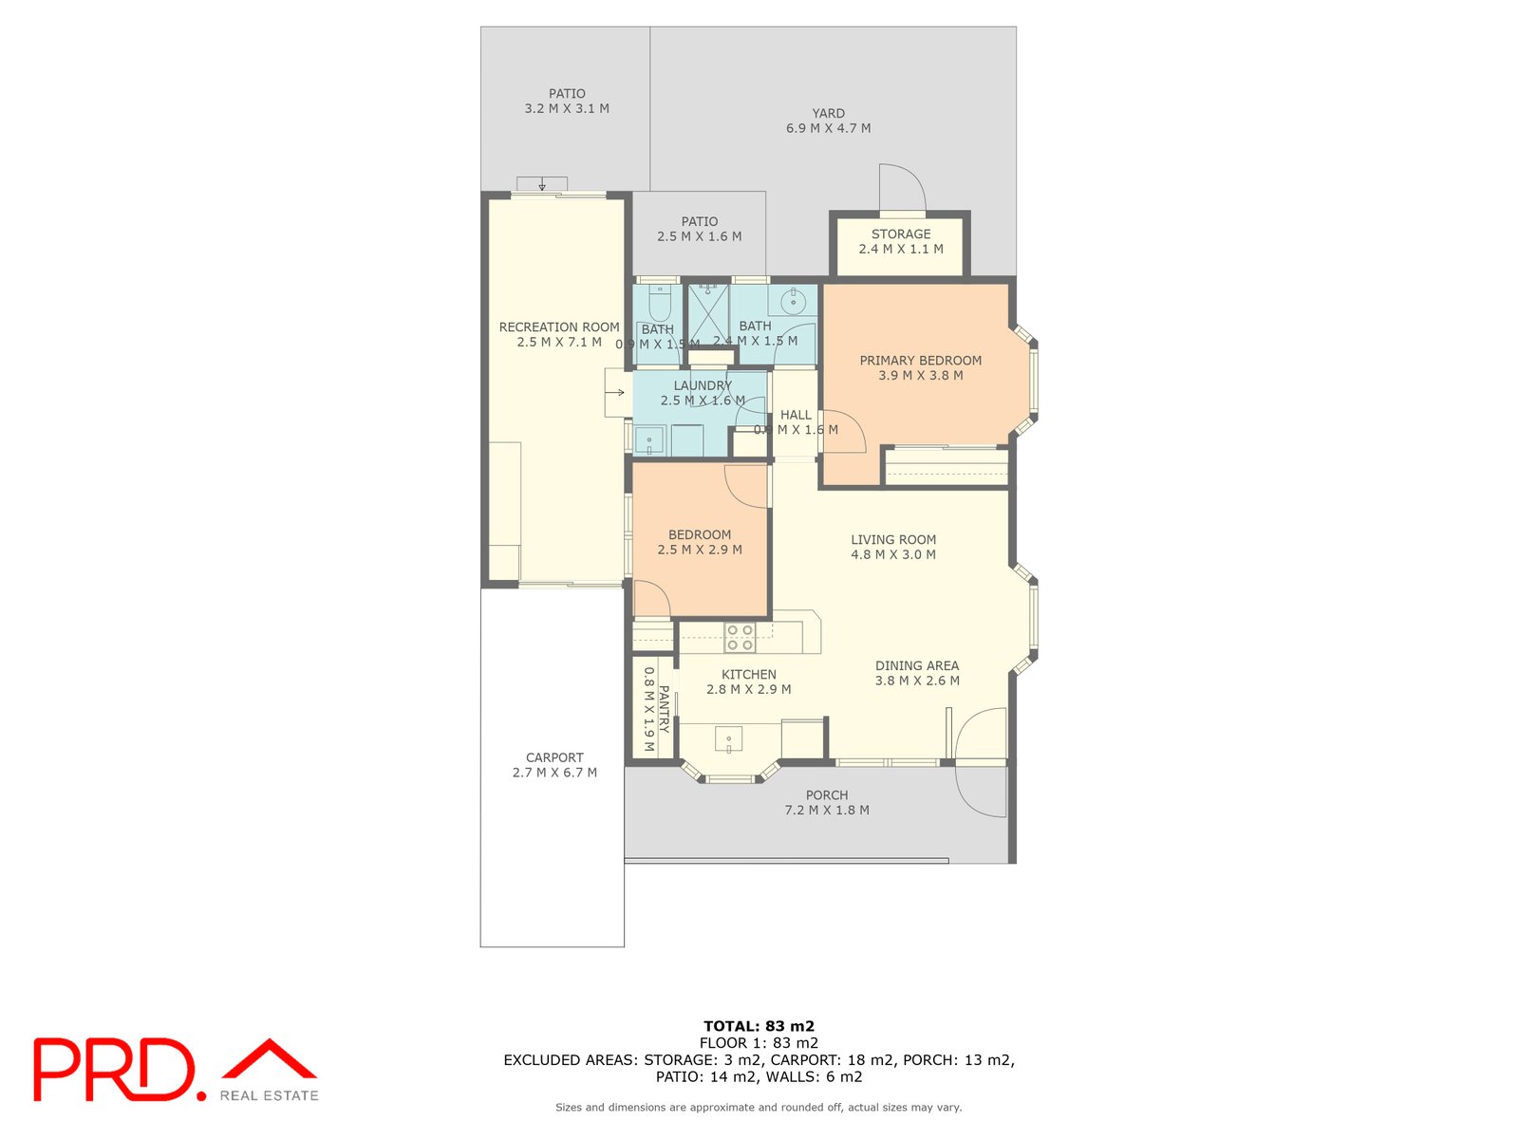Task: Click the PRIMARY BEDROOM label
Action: click(920, 361)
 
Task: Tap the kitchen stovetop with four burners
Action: click(740, 637)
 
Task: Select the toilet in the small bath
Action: click(658, 306)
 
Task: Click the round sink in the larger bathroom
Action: click(792, 302)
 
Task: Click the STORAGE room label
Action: click(901, 233)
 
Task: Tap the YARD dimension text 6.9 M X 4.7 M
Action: click(828, 128)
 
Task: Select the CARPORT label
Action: click(554, 757)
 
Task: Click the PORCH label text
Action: click(826, 795)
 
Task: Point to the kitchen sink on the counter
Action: click(728, 739)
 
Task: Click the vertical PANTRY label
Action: click(664, 709)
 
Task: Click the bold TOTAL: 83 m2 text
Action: click(759, 1026)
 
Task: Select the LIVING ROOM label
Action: click(892, 540)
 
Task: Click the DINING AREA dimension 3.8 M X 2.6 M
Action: click(916, 681)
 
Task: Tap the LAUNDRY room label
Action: click(703, 385)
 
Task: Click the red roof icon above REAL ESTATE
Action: click(270, 1059)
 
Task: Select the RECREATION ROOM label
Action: click(559, 327)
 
